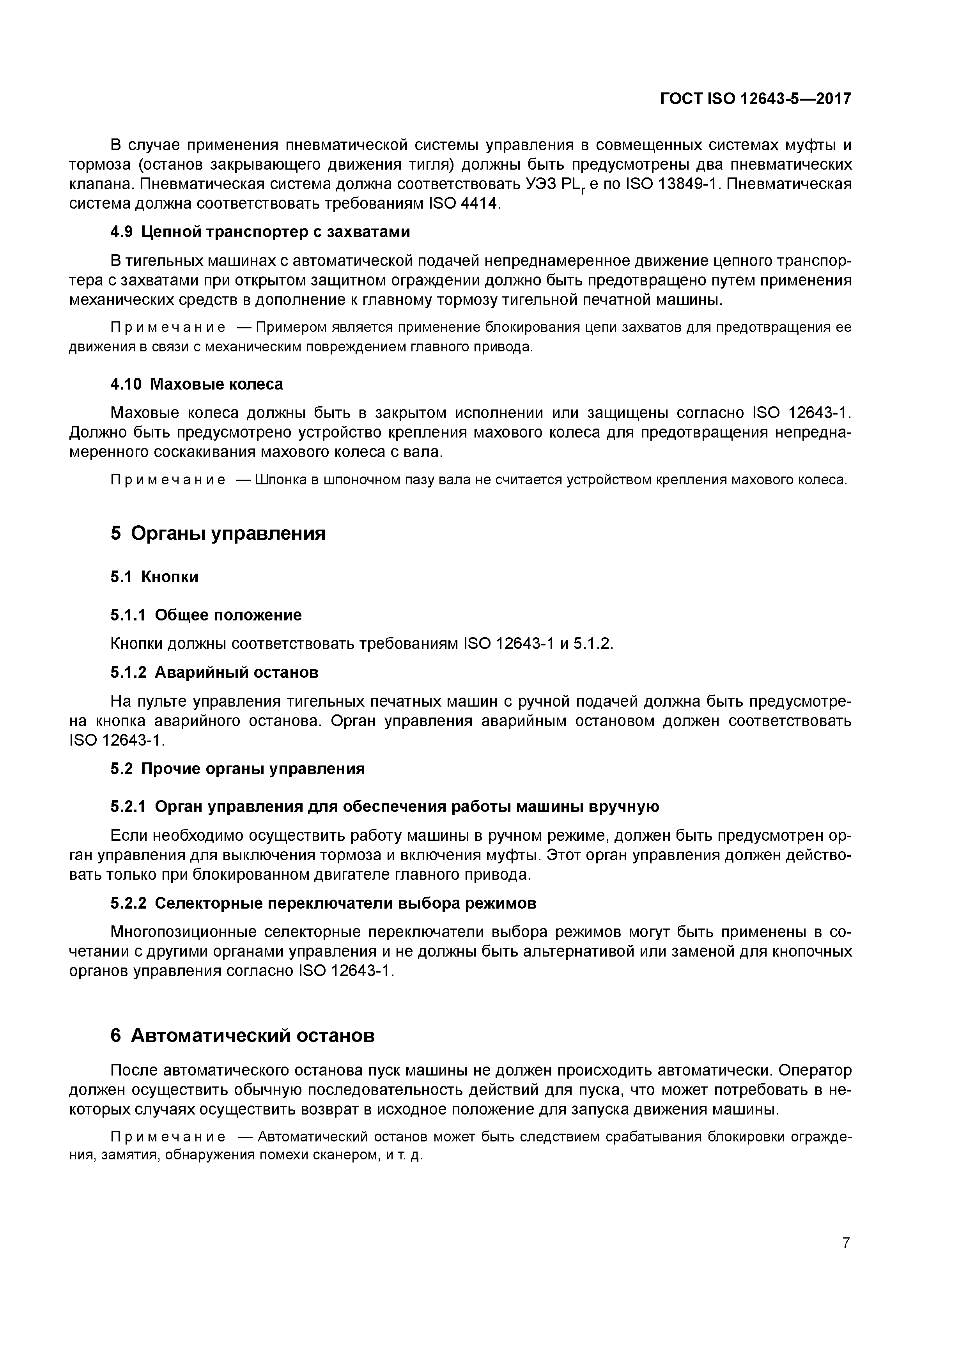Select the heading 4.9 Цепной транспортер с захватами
pyautogui.click(x=260, y=232)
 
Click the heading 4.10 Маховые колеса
pyautogui.click(x=197, y=384)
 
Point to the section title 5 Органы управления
pyautogui.click(x=218, y=533)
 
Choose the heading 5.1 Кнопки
pyautogui.click(x=154, y=577)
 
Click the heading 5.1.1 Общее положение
pyautogui.click(x=206, y=615)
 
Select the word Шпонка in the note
pyautogui.click(x=280, y=480)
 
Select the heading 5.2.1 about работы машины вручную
pyautogui.click(x=385, y=807)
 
